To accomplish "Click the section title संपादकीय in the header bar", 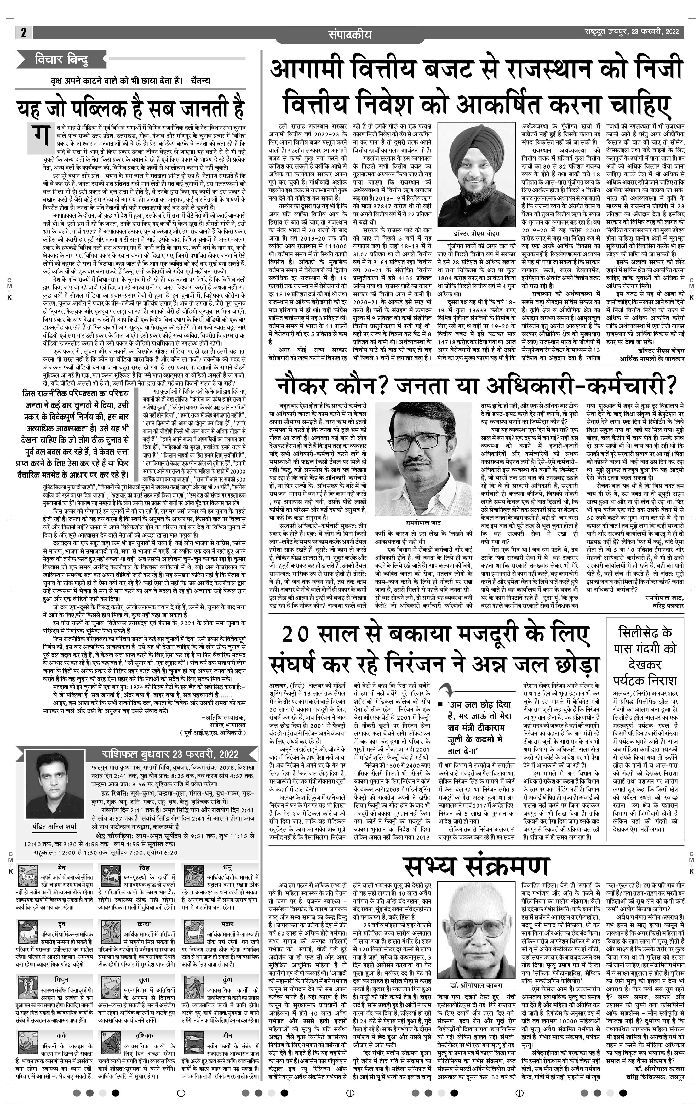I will click(349, 35).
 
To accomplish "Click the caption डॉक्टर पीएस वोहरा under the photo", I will click(476, 234).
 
